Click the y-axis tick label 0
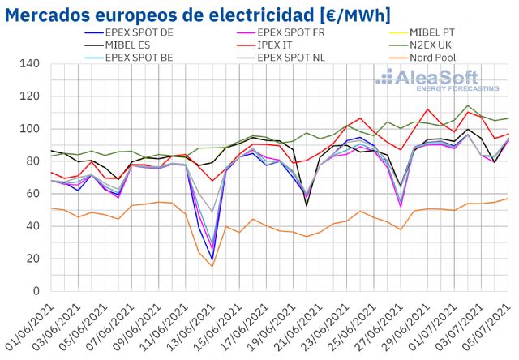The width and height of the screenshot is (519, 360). tap(36, 291)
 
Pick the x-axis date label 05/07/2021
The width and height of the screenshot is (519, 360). tap(491, 328)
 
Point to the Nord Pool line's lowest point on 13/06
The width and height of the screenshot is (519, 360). tap(212, 267)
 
